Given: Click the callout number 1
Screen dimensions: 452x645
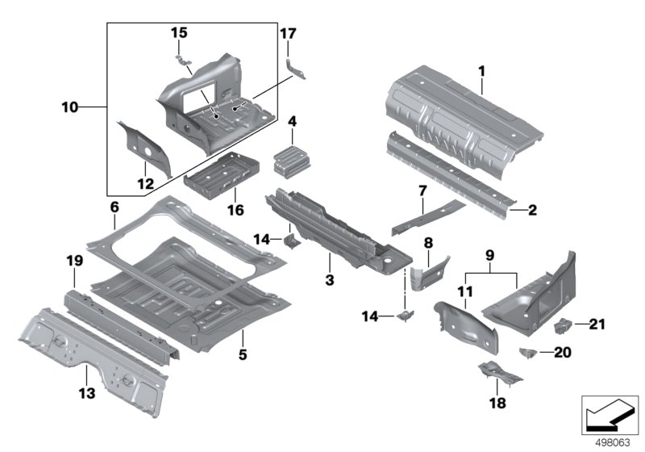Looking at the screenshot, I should click(481, 72).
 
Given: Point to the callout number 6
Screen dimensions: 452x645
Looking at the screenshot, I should click(114, 207).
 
